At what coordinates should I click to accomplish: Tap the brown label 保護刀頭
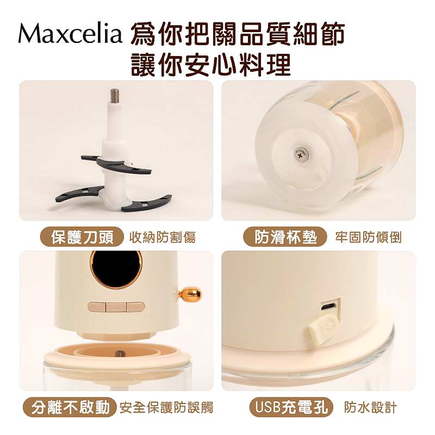(x=82, y=237)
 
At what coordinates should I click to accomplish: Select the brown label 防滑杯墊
(x=285, y=237)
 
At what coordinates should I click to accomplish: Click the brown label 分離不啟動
(x=70, y=407)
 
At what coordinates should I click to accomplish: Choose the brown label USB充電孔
(x=291, y=407)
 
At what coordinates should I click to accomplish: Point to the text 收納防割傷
(x=163, y=238)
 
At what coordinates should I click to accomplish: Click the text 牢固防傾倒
(x=368, y=238)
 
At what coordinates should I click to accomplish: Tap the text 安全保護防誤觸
(x=166, y=407)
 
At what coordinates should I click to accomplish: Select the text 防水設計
(x=370, y=407)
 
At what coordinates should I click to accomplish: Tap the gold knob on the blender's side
(x=191, y=294)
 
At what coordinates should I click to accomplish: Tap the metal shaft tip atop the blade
(x=115, y=95)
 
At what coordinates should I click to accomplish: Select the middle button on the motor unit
(x=116, y=307)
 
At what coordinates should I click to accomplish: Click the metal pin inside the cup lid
(x=120, y=355)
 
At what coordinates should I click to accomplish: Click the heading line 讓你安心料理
(x=211, y=65)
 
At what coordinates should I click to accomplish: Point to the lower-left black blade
(x=79, y=194)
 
